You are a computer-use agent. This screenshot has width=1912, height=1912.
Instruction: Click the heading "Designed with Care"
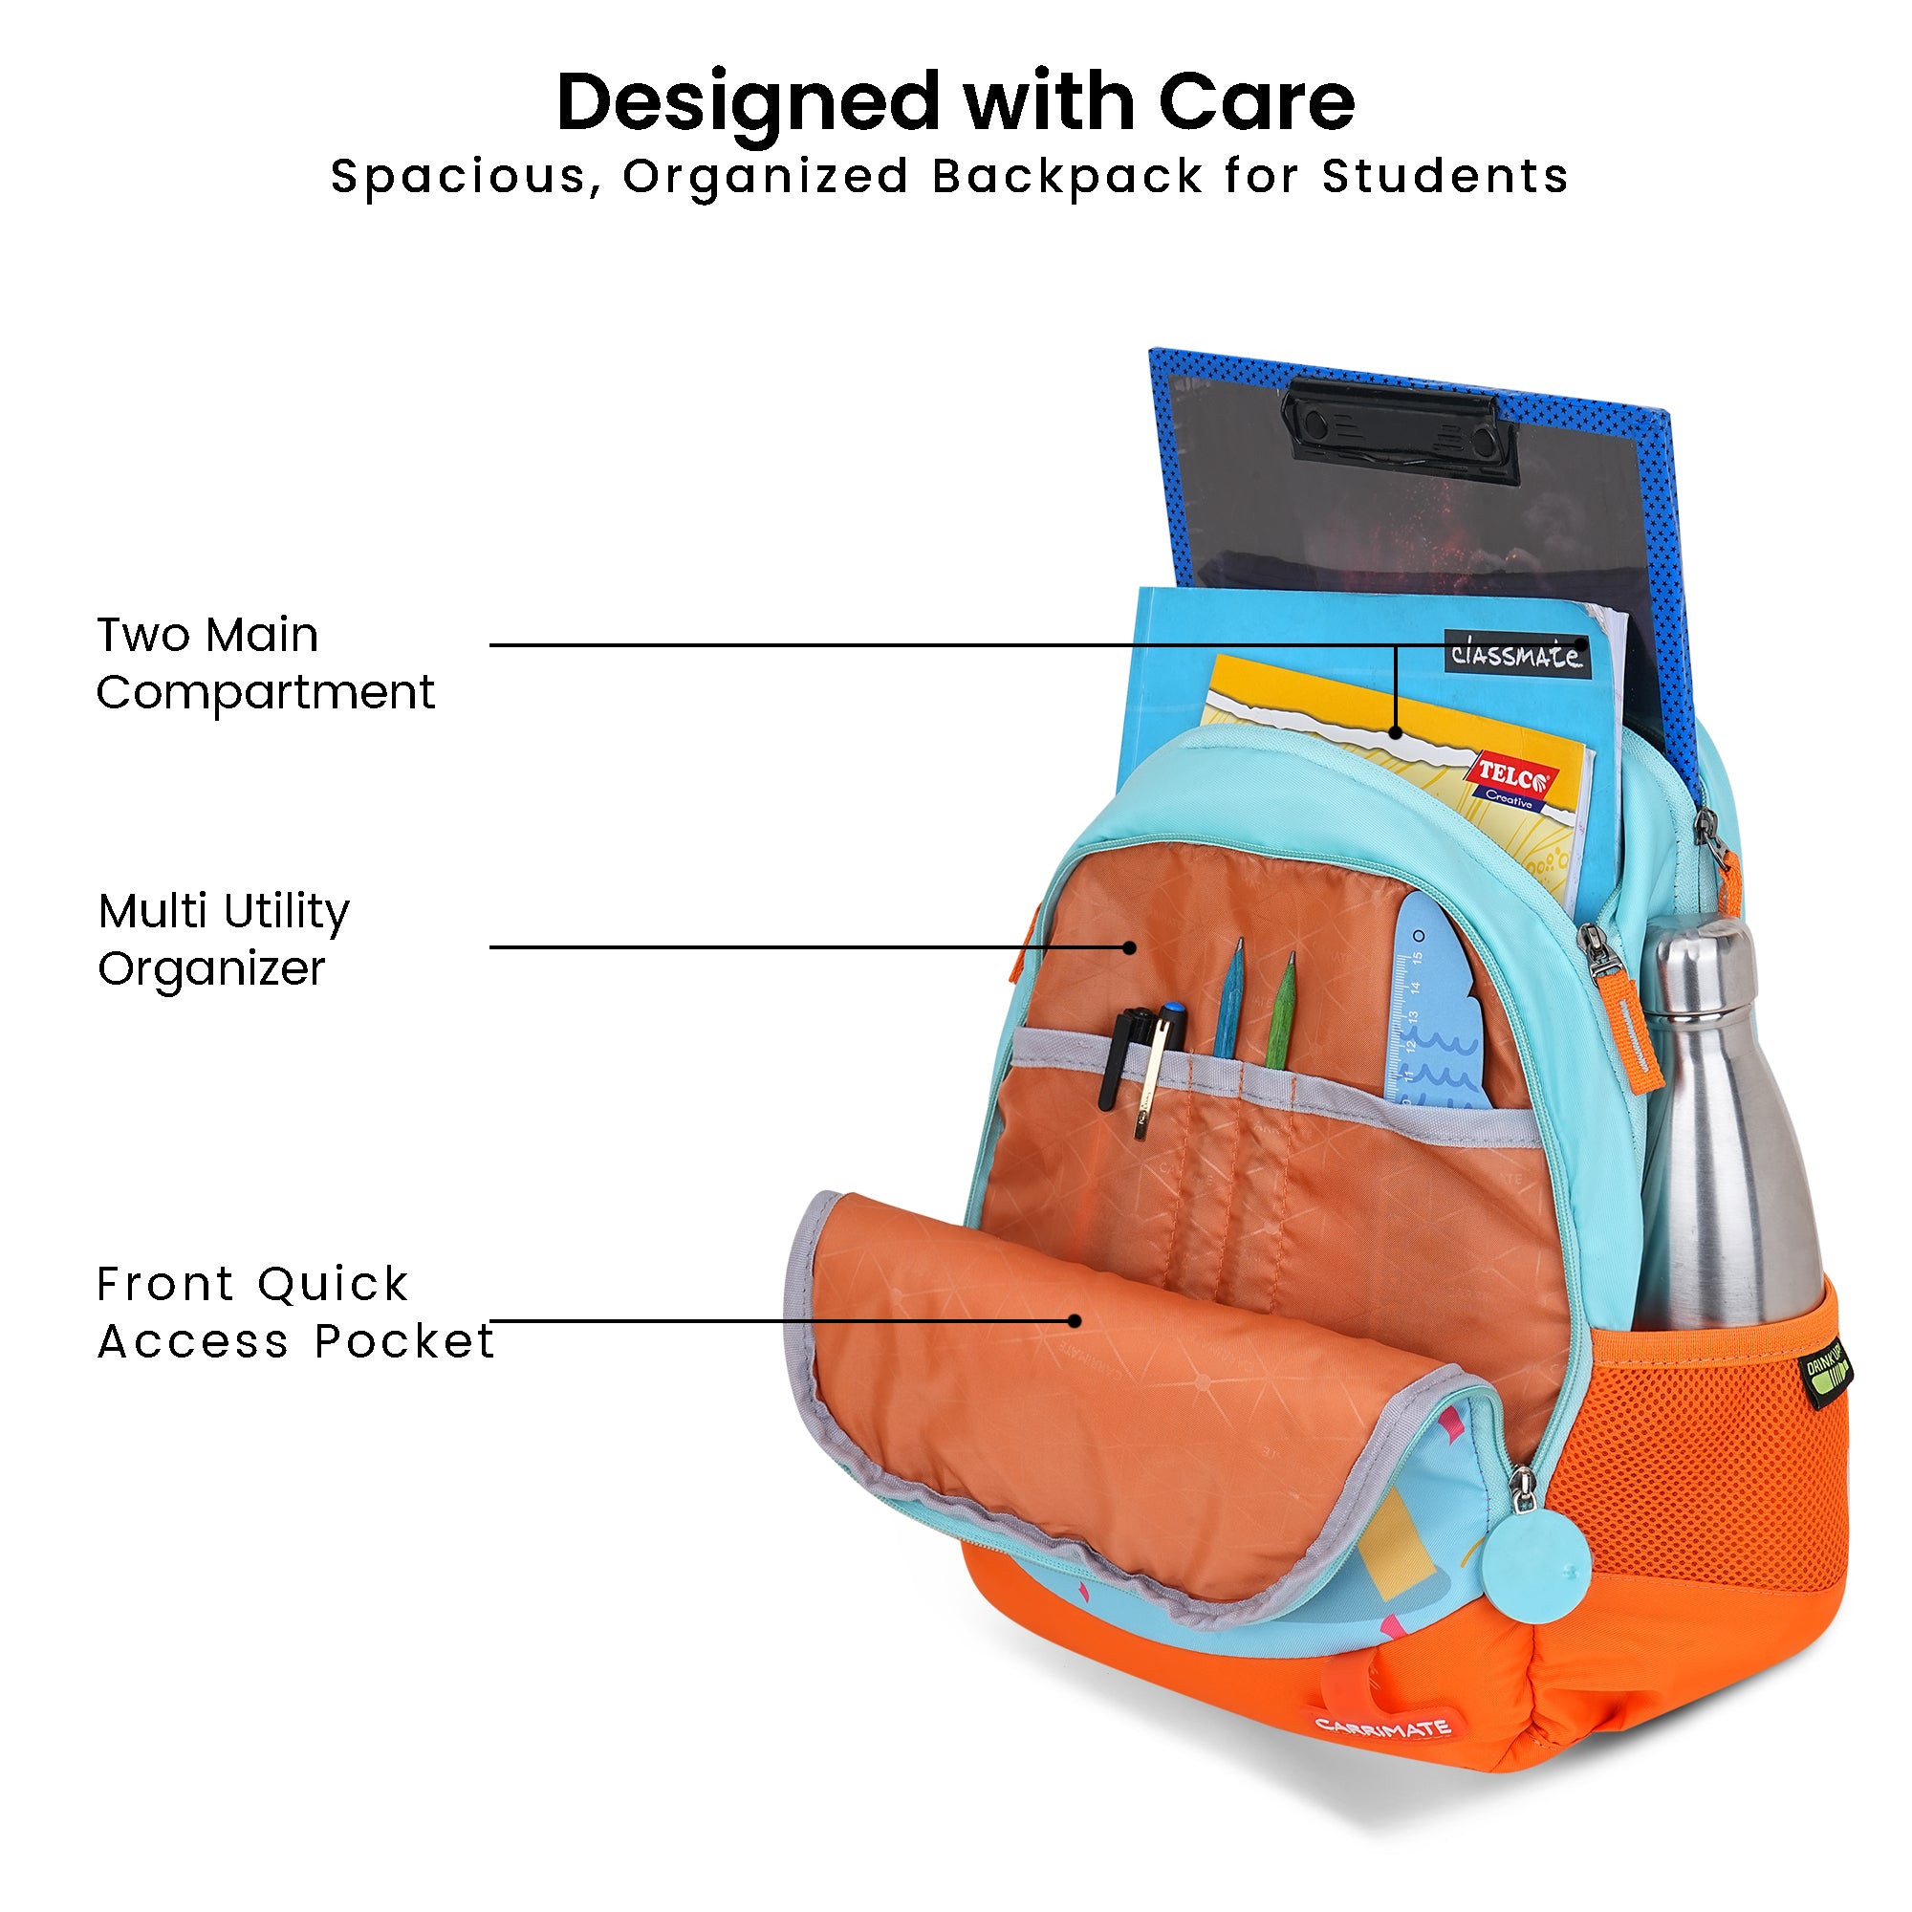[955, 103]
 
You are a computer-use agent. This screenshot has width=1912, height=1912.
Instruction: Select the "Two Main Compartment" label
[265, 663]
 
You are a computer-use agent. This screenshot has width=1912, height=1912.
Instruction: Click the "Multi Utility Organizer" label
[224, 938]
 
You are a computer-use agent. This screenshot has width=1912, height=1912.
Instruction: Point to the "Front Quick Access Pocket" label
[294, 1313]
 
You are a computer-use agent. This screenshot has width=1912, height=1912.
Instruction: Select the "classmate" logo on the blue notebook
[1517, 654]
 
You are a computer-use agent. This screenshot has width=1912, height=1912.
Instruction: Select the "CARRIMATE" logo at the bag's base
[1382, 1727]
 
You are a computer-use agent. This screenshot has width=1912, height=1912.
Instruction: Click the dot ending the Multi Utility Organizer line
[1130, 947]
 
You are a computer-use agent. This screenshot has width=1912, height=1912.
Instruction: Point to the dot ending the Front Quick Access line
[1075, 1320]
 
